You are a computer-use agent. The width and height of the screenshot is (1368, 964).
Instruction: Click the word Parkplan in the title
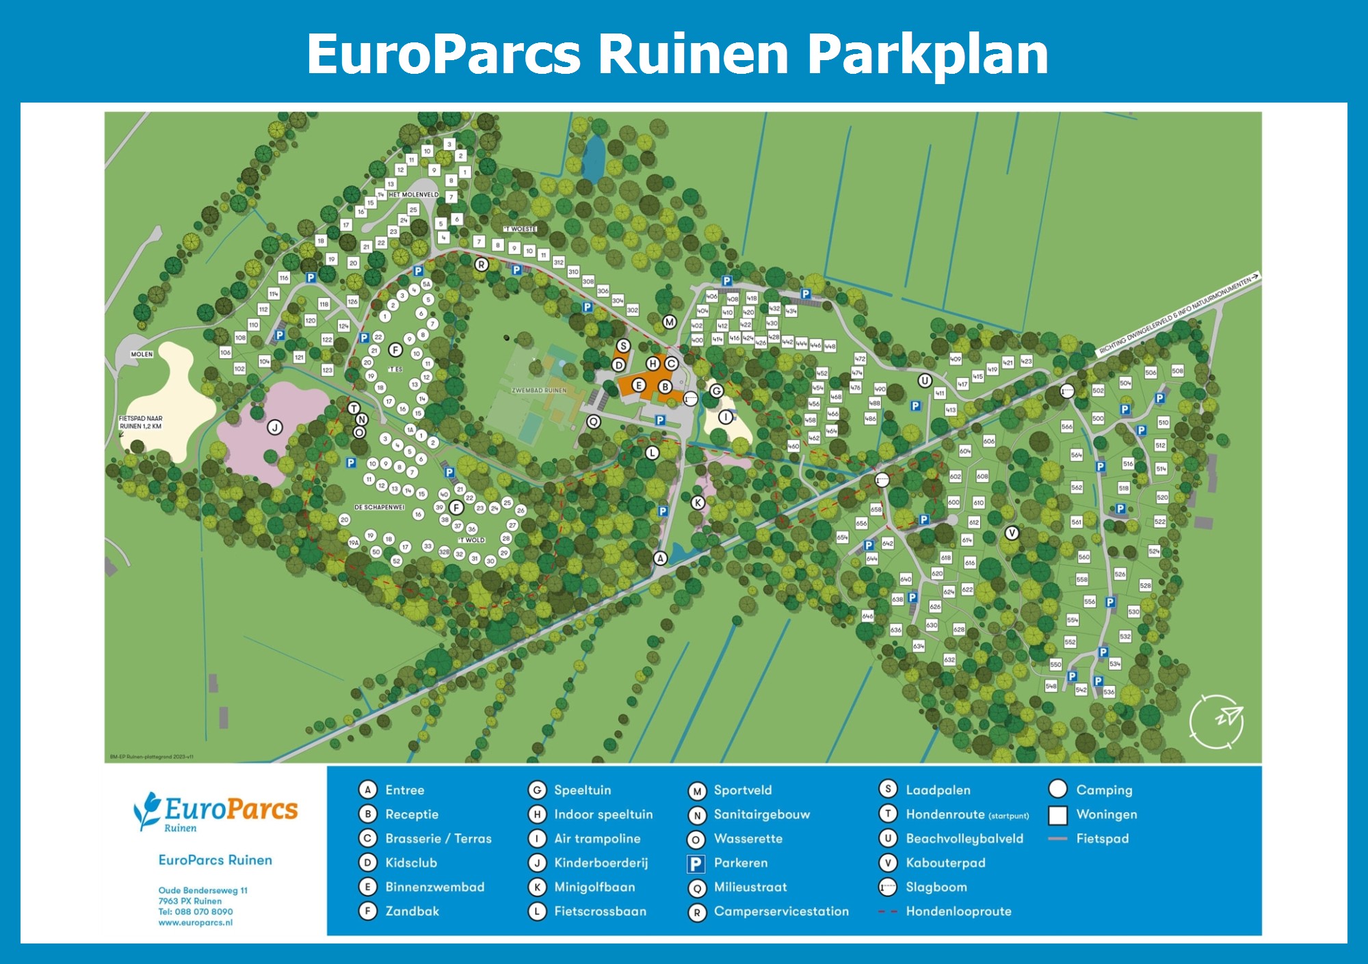pyautogui.click(x=928, y=55)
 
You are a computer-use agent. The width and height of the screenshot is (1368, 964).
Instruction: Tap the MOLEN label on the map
pyautogui.click(x=142, y=354)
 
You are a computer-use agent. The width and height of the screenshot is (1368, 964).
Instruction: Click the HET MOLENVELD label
pyautogui.click(x=413, y=195)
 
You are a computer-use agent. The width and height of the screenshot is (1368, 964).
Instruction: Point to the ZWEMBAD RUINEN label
pyautogui.click(x=539, y=390)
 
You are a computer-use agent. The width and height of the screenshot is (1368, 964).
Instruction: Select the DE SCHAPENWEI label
pyautogui.click(x=379, y=507)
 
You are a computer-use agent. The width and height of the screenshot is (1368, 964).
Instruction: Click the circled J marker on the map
pyautogui.click(x=275, y=428)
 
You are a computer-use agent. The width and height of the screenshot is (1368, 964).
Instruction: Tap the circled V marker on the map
pyautogui.click(x=1012, y=533)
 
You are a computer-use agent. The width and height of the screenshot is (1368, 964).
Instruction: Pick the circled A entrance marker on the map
pyautogui.click(x=660, y=559)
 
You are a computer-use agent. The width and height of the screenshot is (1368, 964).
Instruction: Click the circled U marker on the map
pyautogui.click(x=925, y=381)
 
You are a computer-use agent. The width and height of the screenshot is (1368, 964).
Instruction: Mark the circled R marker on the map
pyautogui.click(x=482, y=265)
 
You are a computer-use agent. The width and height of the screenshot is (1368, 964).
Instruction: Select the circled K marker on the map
pyautogui.click(x=698, y=503)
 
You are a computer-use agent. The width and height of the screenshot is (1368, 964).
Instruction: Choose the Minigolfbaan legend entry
pyautogui.click(x=594, y=887)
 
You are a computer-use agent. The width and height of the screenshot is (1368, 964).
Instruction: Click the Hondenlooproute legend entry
pyautogui.click(x=958, y=911)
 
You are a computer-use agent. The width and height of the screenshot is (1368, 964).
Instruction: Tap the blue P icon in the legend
pyautogui.click(x=696, y=863)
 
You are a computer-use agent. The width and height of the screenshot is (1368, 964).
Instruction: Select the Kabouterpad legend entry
pyautogui.click(x=945, y=863)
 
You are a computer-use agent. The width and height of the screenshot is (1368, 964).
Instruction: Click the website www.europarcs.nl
pyautogui.click(x=196, y=922)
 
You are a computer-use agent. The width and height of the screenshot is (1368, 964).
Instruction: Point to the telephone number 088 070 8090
pyautogui.click(x=203, y=911)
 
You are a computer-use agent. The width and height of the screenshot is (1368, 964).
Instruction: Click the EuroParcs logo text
pyautogui.click(x=231, y=810)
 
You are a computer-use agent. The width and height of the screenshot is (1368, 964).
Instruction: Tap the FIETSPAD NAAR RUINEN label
pyautogui.click(x=140, y=423)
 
